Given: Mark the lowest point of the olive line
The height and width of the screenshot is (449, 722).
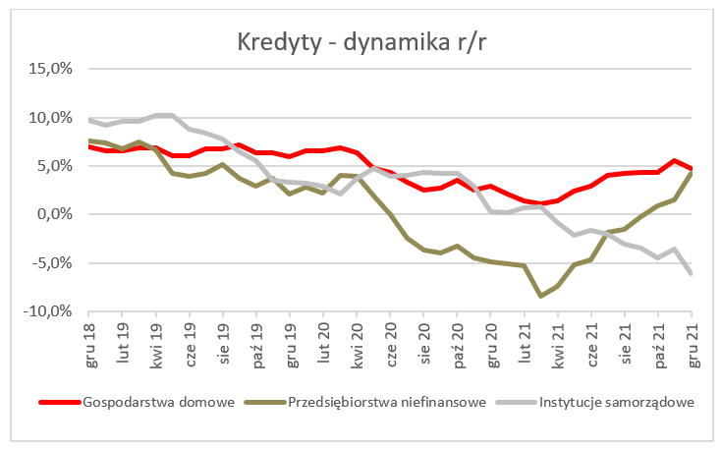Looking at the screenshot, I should (540, 296).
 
